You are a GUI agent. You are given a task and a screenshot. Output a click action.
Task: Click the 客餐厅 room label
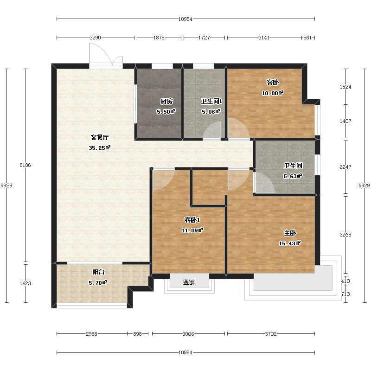click(x=100, y=137)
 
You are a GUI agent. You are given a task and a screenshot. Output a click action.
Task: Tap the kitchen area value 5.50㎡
click(x=166, y=111)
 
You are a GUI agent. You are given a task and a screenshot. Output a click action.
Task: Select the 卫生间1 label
click(x=211, y=101)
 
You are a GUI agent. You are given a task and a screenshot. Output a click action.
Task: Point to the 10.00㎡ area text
click(x=273, y=93)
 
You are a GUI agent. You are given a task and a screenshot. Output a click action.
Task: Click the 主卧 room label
click(x=290, y=233)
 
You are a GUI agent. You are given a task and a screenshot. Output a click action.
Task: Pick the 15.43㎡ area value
click(x=290, y=243)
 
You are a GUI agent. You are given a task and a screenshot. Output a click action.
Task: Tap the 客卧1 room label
click(x=192, y=220)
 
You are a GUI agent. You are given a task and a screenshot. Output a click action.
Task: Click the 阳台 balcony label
click(x=98, y=272)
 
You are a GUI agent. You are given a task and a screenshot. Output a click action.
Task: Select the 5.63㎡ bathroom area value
click(x=293, y=176)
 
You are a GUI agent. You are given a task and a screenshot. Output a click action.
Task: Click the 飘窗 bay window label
click(x=189, y=282)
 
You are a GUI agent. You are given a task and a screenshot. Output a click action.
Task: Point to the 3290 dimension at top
click(x=96, y=38)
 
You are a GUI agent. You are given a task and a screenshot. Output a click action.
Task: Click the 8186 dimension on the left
click(x=26, y=165)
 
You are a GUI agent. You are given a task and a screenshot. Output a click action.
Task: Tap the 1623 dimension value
click(x=26, y=283)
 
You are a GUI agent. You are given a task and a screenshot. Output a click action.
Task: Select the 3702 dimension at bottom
click(x=271, y=334)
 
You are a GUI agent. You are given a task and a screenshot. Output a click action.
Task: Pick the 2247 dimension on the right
click(x=345, y=167)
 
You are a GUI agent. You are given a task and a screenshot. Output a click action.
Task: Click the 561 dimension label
click(x=307, y=38)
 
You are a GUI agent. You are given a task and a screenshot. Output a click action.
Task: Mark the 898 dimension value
click(x=137, y=334)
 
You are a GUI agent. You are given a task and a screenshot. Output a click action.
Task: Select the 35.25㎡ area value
click(x=100, y=148)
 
